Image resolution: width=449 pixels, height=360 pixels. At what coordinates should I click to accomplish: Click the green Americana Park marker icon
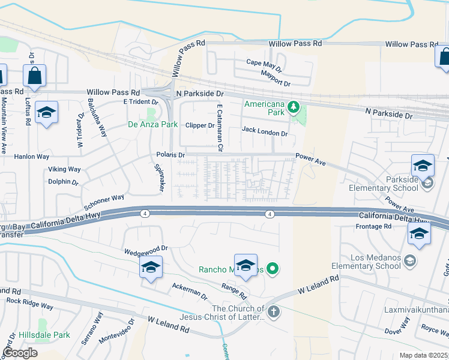293,107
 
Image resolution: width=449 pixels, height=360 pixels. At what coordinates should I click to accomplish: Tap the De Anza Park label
152,124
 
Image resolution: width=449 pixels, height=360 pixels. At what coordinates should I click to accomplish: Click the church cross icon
273,311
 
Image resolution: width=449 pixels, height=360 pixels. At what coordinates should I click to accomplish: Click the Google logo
20,353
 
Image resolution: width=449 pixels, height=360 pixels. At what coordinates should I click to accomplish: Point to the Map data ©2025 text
423,355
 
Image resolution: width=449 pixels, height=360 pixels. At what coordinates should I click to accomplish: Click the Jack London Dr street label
264,130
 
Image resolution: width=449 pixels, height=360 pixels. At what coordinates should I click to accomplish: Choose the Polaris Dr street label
171,154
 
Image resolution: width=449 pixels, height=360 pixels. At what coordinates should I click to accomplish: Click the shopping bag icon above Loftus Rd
34,76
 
